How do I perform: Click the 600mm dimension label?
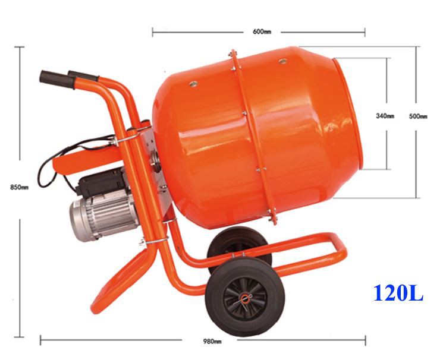tap(262, 31)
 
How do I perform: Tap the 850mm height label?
tap(20, 187)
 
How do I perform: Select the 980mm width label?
tap(212, 341)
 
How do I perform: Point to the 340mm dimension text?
tap(385, 116)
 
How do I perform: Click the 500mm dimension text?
tap(418, 116)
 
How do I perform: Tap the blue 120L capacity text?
tap(398, 293)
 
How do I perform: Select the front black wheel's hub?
tap(245, 298)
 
